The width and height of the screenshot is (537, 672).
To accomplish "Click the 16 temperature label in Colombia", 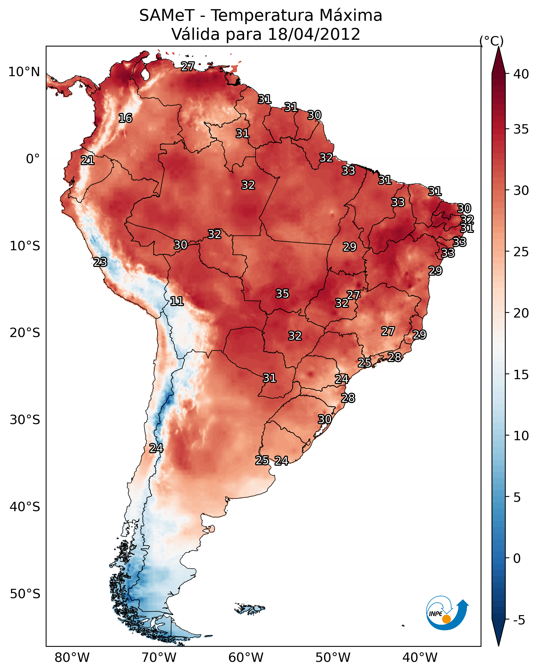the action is click(x=125, y=118).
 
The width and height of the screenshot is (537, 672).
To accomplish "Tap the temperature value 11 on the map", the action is click(x=177, y=301).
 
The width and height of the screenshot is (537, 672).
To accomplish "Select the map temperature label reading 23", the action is click(x=100, y=262).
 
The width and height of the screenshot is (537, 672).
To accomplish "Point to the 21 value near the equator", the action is click(x=88, y=161).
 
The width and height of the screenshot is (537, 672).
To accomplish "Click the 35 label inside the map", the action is click(x=282, y=294).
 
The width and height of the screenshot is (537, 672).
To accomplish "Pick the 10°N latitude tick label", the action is click(x=24, y=72).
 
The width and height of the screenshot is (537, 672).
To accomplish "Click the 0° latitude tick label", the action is click(x=33, y=159).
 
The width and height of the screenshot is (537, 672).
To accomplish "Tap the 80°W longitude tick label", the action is click(x=72, y=658).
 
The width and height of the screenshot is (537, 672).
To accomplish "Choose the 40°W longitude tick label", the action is click(x=420, y=658).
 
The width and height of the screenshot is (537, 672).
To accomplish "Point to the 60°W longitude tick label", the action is click(x=246, y=658).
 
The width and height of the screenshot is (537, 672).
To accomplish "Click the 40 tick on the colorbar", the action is click(x=521, y=74).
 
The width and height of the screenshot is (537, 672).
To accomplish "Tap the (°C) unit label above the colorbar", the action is click(x=492, y=41).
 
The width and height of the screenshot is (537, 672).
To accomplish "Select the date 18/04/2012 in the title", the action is click(x=314, y=34).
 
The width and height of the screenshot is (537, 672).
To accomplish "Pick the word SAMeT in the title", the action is click(x=167, y=16).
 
